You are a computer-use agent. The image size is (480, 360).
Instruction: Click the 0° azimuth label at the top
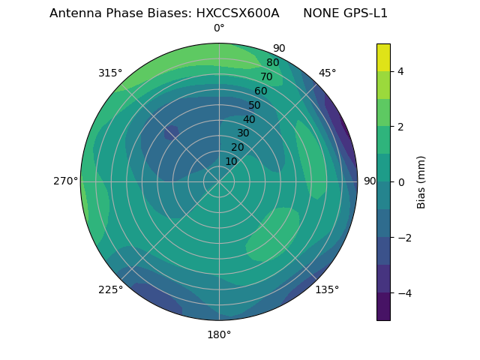(x=219, y=28)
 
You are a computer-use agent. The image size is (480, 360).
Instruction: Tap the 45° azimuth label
(x=327, y=73)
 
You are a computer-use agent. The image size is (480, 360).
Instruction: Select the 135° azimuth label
(x=327, y=289)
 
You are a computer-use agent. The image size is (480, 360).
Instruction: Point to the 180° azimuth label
(x=219, y=334)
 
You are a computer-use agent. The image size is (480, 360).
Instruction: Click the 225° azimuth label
(x=110, y=289)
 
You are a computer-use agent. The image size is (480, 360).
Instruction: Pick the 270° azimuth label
(x=66, y=181)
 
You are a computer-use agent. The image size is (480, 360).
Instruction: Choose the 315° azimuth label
(x=110, y=73)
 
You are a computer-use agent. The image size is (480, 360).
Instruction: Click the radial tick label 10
(x=231, y=161)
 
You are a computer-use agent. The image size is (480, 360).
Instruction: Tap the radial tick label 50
(x=255, y=105)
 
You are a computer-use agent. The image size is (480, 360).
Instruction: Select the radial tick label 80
(x=272, y=63)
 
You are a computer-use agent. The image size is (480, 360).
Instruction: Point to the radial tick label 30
(x=243, y=133)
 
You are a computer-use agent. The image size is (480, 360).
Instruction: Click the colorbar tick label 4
(x=401, y=71)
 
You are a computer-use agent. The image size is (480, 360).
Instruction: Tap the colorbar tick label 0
(x=401, y=182)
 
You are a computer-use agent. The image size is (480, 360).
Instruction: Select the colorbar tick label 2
(x=401, y=127)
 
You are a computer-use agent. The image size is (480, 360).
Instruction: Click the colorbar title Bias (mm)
(x=421, y=181)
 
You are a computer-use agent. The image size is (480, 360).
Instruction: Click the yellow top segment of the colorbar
(x=383, y=57)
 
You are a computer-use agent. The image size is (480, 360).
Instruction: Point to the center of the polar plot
(x=219, y=181)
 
